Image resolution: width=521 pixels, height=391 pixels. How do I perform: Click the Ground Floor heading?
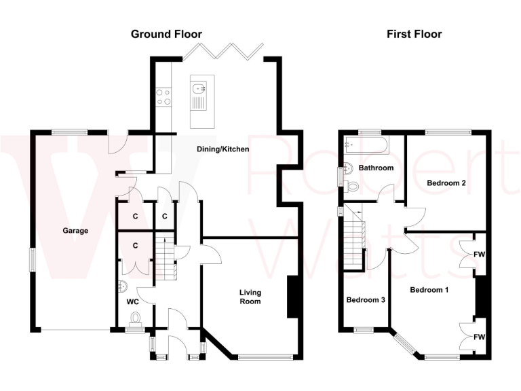click(166, 34)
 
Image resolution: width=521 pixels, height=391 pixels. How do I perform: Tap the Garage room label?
click(76, 231)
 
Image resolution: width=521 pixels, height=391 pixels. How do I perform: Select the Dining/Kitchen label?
click(223, 149)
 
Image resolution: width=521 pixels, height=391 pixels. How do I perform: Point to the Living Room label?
click(250, 297)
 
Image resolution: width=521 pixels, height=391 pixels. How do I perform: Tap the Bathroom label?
click(377, 168)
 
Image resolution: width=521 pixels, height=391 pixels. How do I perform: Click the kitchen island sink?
click(199, 88)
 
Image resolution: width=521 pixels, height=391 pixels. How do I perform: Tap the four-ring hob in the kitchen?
click(163, 97)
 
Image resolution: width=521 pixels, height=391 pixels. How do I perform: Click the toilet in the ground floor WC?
click(136, 318)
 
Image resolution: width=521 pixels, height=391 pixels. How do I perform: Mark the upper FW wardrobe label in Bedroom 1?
click(479, 254)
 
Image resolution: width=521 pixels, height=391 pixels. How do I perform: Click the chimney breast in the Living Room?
click(293, 297)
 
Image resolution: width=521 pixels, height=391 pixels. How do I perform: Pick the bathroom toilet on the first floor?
click(352, 185)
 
